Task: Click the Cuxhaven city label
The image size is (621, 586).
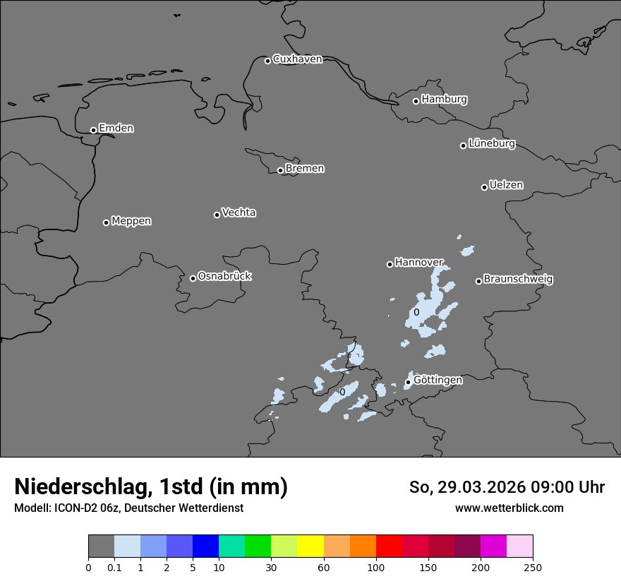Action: [x=297, y=59]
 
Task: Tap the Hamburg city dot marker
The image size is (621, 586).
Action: [x=416, y=101]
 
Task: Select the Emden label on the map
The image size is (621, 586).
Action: [x=116, y=128]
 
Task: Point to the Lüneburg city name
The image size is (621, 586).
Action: [x=491, y=143]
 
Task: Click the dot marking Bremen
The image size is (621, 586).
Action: [x=280, y=170]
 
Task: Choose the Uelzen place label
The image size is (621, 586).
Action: [x=506, y=185]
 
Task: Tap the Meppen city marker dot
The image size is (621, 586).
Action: [x=106, y=222]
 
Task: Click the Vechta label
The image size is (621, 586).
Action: [x=239, y=213]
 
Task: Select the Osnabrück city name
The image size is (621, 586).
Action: [x=224, y=276]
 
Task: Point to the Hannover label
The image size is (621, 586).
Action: [x=418, y=262]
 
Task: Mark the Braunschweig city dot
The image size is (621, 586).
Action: [x=478, y=281]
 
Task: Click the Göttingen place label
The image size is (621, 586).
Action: [x=438, y=380]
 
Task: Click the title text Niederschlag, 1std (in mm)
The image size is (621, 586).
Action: [x=151, y=486]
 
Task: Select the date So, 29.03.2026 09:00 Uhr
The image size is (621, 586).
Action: [x=507, y=487]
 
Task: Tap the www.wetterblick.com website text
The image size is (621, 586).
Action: [x=509, y=508]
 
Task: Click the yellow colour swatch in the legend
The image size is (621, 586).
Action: [x=310, y=546]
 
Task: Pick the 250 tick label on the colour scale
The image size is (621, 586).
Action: [x=533, y=567]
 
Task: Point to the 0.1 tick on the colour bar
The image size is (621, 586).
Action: [x=114, y=567]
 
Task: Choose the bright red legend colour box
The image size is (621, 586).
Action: [x=389, y=546]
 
